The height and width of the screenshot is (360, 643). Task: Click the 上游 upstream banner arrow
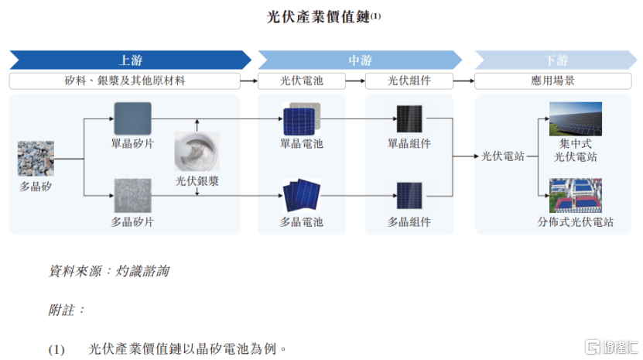coord(131,60)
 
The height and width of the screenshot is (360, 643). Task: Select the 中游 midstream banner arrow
coord(360,60)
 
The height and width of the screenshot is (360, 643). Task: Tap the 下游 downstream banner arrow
coord(556,60)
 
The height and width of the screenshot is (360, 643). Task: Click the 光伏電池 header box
coord(302,81)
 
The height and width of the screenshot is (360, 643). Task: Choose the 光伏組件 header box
coord(409,81)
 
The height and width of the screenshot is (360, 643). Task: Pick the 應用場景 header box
coord(552,81)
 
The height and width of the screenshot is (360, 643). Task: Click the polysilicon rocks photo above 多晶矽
coord(36,159)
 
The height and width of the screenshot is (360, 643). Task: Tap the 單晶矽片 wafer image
coord(132,118)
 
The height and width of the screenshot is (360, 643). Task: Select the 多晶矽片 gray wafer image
coord(132,195)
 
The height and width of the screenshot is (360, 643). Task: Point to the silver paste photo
coord(197,151)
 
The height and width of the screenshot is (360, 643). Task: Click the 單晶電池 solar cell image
coord(302,118)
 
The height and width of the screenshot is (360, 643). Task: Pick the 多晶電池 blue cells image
coord(302,194)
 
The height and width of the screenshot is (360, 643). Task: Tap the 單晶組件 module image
coord(409,119)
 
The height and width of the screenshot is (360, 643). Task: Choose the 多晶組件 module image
coord(409,196)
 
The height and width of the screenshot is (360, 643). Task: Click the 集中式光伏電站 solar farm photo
coord(576,118)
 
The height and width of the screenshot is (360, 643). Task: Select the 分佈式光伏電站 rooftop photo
coord(576,195)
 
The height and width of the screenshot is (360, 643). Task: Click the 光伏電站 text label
coord(503,156)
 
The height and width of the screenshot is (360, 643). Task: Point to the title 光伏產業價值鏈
coord(319,17)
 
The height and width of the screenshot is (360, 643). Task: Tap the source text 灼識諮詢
coord(142,271)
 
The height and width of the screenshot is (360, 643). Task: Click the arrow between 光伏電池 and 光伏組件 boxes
coord(355,81)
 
